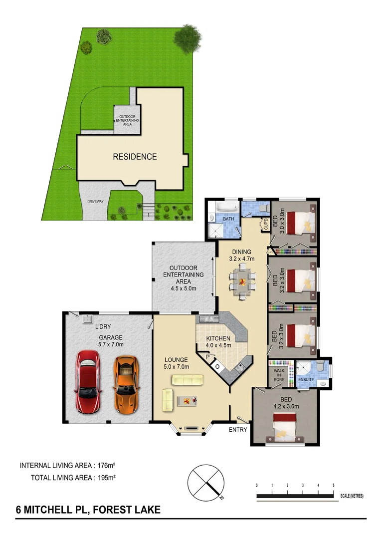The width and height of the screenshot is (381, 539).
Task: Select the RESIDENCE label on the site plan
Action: [x=135, y=157]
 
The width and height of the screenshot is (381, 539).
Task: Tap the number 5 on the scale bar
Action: [x=333, y=485]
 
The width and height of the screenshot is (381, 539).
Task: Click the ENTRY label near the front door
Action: [x=238, y=429]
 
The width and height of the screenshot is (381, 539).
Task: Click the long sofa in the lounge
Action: [x=187, y=380]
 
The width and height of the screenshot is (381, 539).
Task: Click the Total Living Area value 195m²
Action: [x=107, y=478]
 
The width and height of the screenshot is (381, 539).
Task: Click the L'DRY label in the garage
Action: [x=103, y=327]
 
